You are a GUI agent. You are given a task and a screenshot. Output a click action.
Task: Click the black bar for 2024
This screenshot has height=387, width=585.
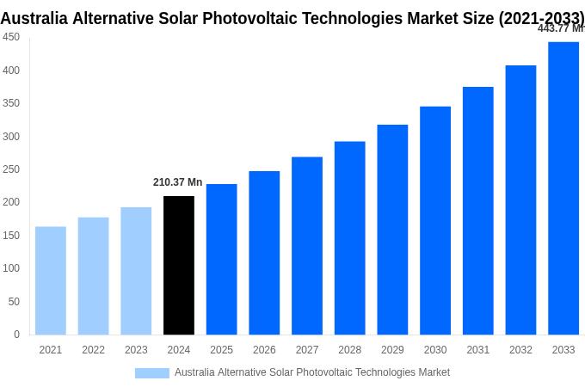tap(179, 265)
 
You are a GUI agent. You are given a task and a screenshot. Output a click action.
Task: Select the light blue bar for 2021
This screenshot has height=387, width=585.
tap(51, 280)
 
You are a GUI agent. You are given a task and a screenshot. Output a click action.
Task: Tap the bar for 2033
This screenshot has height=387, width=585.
tap(563, 187)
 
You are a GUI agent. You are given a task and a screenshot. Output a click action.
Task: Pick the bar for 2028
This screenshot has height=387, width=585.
tap(349, 237)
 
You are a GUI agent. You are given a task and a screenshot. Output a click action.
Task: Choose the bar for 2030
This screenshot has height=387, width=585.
tap(435, 220)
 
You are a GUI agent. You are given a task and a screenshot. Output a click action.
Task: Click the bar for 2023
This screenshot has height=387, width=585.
tap(136, 270)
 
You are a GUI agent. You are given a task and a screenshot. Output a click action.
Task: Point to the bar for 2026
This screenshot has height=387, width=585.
tap(264, 252)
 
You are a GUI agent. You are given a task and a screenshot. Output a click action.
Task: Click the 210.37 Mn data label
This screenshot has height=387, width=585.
tap(177, 182)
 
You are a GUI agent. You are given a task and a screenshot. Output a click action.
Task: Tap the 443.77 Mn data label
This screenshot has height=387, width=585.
tap(560, 28)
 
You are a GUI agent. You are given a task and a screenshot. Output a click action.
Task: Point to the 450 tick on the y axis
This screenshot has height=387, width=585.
tap(11, 37)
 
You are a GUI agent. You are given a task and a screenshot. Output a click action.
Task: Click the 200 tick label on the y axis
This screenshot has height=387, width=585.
tap(11, 202)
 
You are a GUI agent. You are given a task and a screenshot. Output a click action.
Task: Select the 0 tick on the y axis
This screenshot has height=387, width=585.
tap(16, 335)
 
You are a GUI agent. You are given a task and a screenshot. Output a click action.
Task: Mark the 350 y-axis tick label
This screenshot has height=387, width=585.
tap(11, 103)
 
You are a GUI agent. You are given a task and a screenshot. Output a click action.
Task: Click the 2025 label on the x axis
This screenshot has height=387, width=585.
tap(221, 350)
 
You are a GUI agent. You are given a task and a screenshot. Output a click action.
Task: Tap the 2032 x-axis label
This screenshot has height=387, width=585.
tap(520, 350)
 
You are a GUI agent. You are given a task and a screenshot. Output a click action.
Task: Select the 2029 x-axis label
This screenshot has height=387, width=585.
tap(392, 350)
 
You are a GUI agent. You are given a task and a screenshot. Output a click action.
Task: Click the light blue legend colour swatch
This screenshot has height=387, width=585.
tap(152, 372)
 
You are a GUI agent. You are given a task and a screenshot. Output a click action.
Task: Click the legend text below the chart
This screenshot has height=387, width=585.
tap(311, 372)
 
